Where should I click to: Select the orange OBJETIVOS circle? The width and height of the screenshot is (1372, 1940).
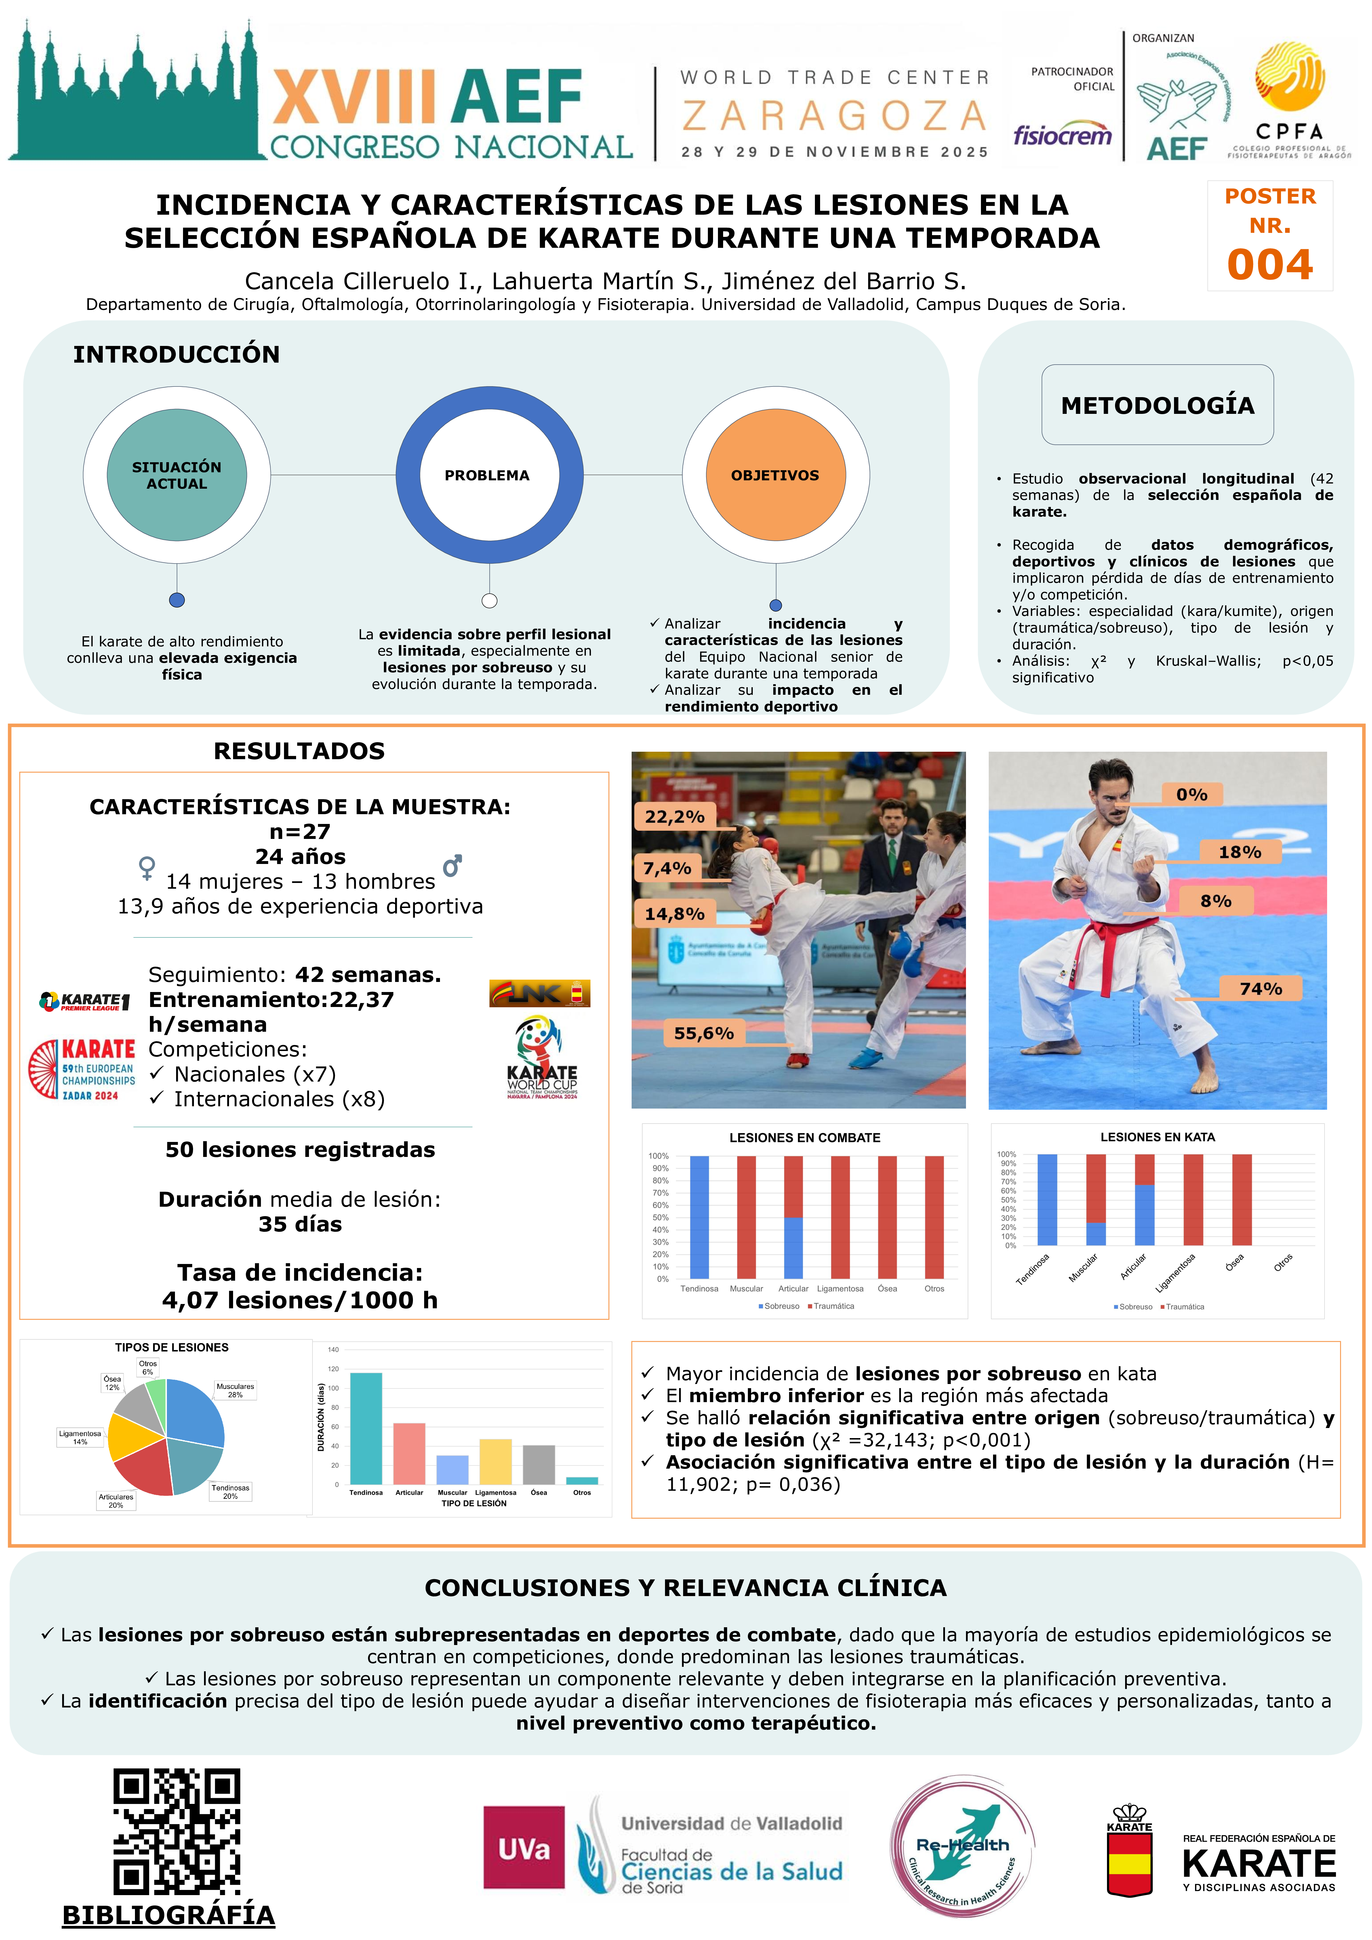point(775,475)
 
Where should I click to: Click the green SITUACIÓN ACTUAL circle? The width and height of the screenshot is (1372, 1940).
point(177,475)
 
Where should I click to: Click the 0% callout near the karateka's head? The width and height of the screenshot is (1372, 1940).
point(1191,794)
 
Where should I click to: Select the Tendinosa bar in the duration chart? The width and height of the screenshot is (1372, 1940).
point(366,1428)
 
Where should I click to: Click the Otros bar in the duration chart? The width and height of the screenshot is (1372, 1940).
point(582,1480)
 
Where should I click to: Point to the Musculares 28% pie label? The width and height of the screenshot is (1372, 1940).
point(235,1390)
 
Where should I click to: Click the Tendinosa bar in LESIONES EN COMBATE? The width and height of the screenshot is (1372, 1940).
point(700,1217)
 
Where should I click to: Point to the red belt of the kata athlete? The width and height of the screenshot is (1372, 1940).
point(1115,938)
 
